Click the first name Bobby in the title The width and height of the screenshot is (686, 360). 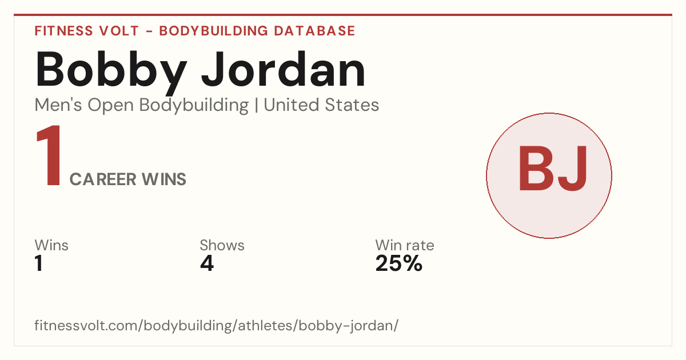(111, 72)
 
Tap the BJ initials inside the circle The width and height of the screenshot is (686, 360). (553, 169)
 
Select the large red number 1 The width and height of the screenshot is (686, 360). (49, 155)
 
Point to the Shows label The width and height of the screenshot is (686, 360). (222, 245)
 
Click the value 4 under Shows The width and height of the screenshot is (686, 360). (207, 263)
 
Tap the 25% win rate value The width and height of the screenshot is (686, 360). (399, 263)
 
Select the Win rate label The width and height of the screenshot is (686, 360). (405, 245)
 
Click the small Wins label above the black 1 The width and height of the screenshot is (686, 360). (51, 245)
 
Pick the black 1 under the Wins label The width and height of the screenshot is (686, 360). (39, 263)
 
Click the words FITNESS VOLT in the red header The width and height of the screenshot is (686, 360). (87, 31)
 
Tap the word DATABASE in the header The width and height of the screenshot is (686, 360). (314, 31)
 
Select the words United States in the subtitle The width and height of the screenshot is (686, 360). (321, 105)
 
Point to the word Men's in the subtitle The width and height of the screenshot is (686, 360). (58, 105)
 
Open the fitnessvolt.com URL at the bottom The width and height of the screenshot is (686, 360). (217, 325)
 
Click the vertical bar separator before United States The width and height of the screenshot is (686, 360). (256, 106)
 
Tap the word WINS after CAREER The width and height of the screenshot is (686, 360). (164, 179)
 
